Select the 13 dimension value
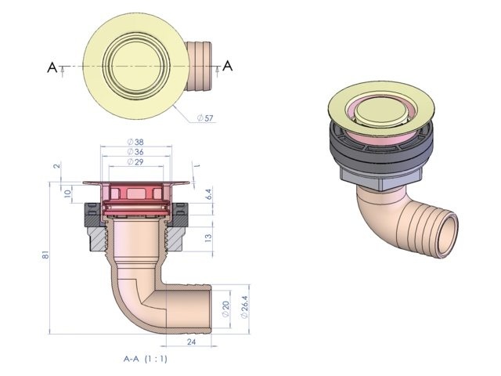pos(207,237)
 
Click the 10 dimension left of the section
pos(67,192)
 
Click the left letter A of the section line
pos(52,68)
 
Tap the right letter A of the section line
pos(227,67)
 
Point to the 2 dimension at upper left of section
pos(57,166)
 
